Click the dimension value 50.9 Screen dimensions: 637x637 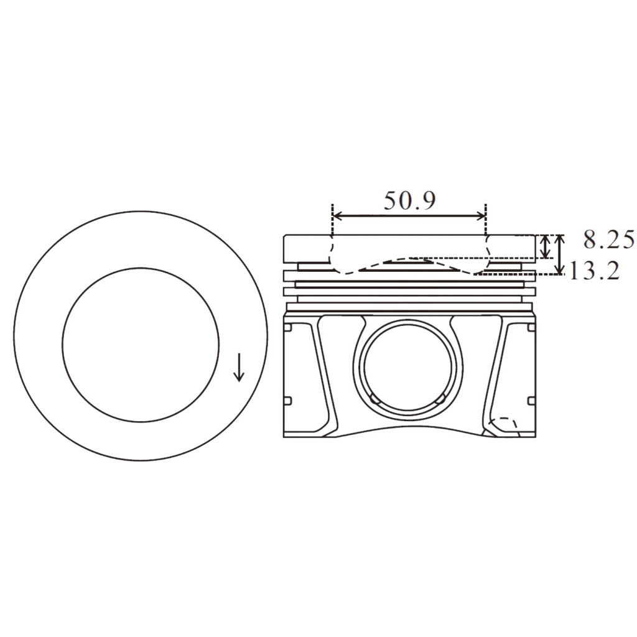pos(409,201)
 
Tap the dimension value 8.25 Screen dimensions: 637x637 pos(609,239)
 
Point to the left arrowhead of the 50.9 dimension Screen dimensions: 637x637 pos(337,216)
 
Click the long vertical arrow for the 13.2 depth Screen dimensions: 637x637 pos(560,254)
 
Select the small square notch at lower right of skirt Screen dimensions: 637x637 pos(531,400)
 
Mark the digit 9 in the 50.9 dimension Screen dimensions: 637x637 pos(427,201)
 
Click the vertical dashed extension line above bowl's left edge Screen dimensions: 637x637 pos(333,221)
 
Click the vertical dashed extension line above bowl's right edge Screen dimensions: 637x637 pos(485,221)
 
